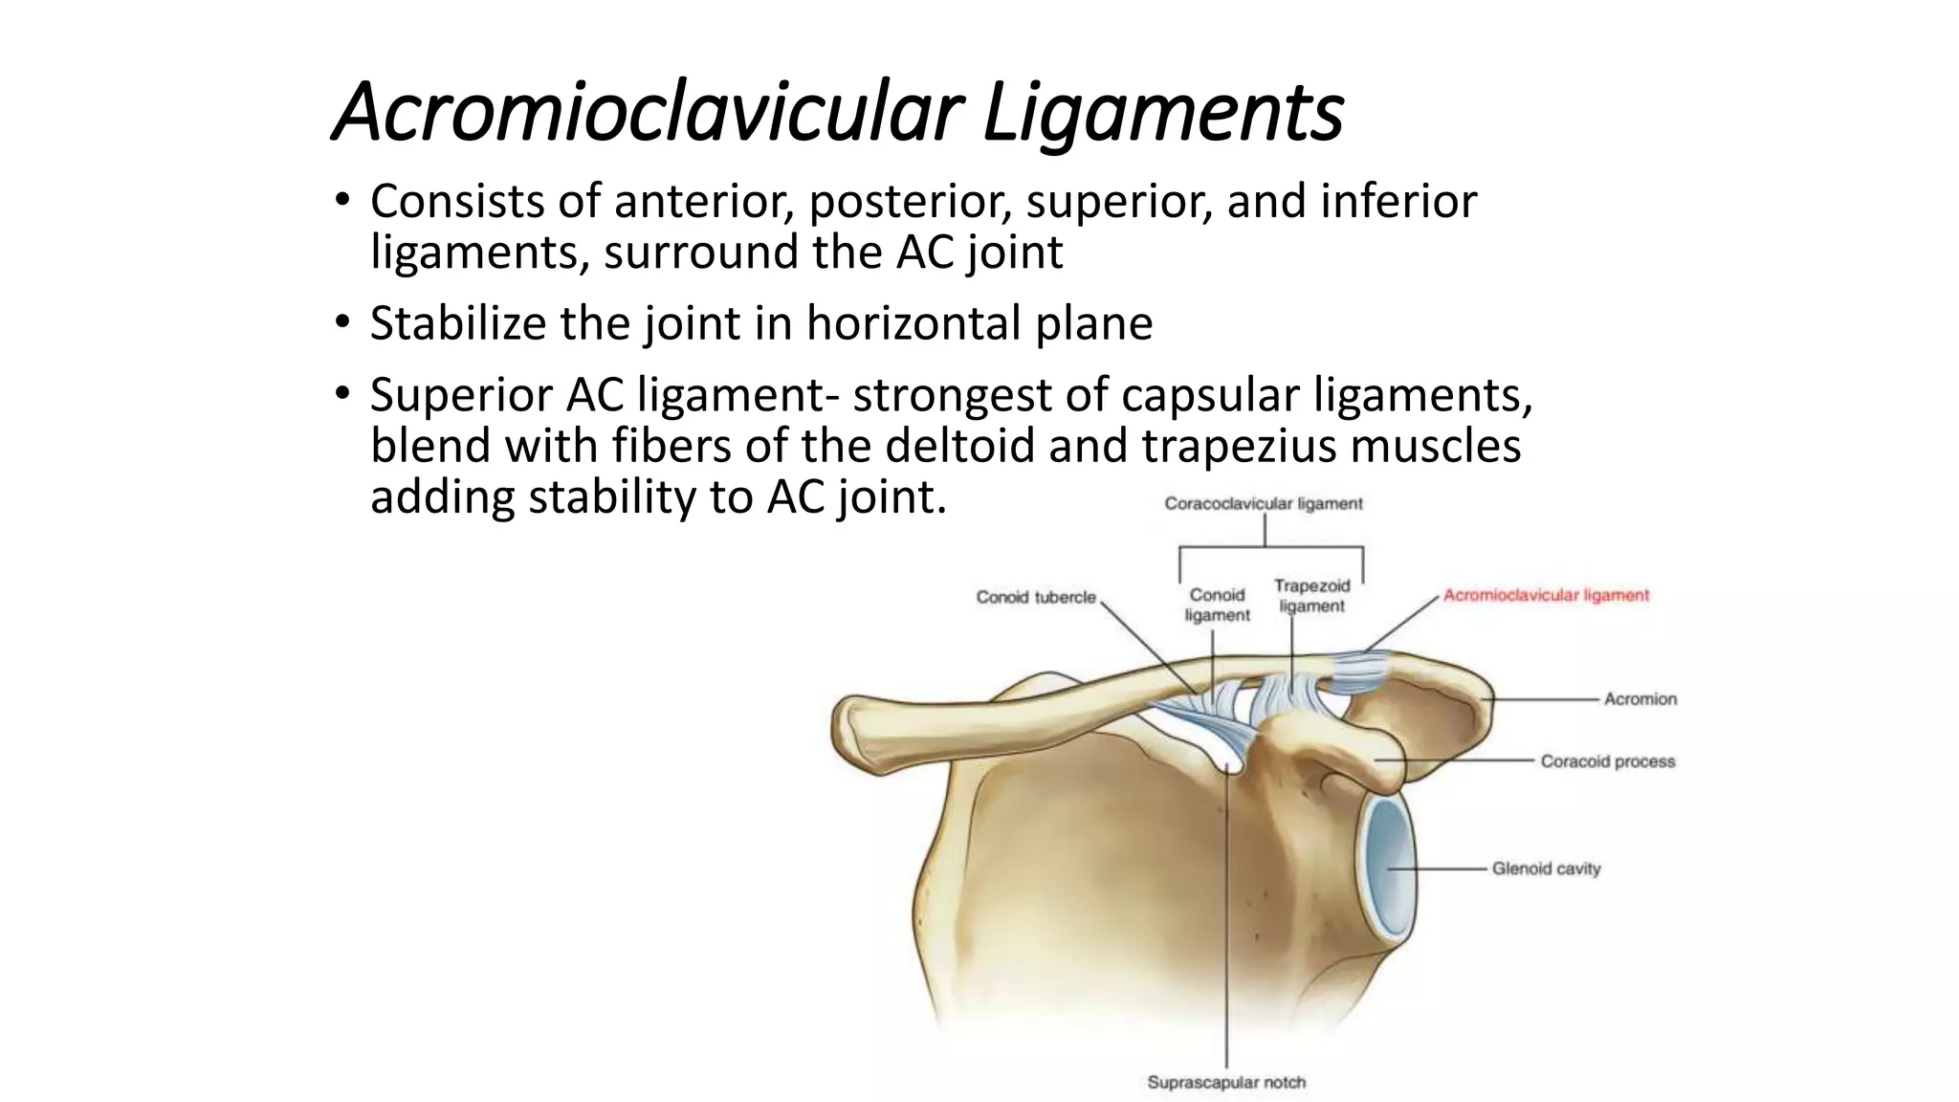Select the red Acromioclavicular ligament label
(x=1546, y=595)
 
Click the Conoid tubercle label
(x=1036, y=597)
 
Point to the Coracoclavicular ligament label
(x=1263, y=503)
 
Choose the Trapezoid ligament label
(x=1311, y=596)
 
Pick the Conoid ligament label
(x=1217, y=605)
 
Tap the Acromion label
(x=1640, y=699)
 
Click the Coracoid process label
(x=1607, y=761)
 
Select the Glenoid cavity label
(x=1546, y=869)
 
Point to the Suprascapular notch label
(x=1226, y=1083)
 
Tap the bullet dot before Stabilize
(x=343, y=323)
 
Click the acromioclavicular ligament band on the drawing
(x=1359, y=671)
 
